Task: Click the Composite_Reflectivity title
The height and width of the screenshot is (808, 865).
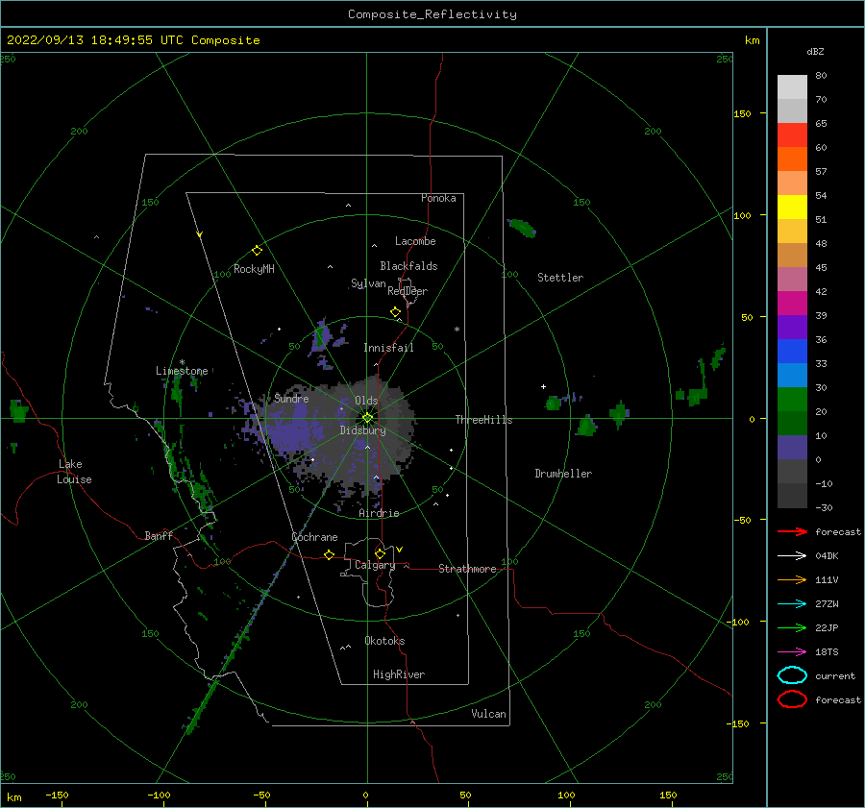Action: [x=432, y=14]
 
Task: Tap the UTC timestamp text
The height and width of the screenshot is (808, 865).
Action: [x=133, y=40]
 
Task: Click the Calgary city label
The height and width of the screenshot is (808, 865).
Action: [x=375, y=565]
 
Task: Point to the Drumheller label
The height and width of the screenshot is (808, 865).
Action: [x=563, y=474]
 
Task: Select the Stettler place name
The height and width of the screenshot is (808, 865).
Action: [x=560, y=278]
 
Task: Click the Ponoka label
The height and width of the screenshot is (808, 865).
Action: [x=438, y=198]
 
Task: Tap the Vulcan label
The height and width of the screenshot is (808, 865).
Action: [x=488, y=714]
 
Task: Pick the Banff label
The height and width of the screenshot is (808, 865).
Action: [x=159, y=536]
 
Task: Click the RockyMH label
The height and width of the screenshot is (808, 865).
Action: [x=254, y=269]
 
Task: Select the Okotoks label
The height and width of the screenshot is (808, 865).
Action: [x=384, y=641]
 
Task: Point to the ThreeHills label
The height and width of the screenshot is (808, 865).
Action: [x=483, y=420]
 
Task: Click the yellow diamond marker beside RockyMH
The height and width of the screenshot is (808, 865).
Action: [x=257, y=251]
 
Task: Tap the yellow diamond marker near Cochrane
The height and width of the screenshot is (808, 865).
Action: [x=329, y=554]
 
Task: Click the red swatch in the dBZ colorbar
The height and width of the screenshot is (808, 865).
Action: [x=792, y=135]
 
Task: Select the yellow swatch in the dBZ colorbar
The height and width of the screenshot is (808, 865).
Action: [x=792, y=208]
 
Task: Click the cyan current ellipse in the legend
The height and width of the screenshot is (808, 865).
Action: [x=792, y=675]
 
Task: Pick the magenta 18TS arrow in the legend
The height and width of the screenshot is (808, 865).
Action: [x=792, y=652]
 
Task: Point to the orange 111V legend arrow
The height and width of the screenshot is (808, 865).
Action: [x=792, y=579]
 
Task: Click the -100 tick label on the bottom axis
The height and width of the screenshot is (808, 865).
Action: [x=159, y=796]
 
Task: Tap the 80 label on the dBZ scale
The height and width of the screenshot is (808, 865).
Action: [x=821, y=76]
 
